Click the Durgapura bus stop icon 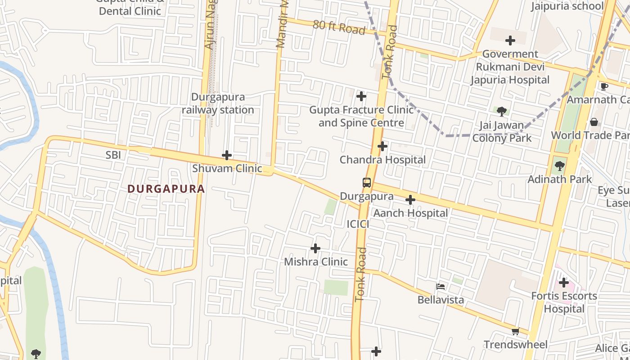(367, 183)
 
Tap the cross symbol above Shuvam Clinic (227, 156)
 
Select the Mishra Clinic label (315, 261)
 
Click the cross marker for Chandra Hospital (382, 146)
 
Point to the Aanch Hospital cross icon (410, 200)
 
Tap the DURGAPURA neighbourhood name (166, 189)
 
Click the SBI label (113, 155)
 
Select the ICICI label (358, 224)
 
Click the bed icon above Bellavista (441, 287)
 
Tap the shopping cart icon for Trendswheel (515, 332)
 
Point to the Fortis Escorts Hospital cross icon (563, 283)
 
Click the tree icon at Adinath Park (559, 166)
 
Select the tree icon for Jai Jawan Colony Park (502, 112)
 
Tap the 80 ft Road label (338, 27)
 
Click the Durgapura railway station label (218, 103)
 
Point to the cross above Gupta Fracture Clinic (361, 96)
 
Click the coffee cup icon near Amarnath (604, 86)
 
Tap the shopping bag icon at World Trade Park (594, 122)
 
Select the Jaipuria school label (567, 6)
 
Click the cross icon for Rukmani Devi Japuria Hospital (510, 40)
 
